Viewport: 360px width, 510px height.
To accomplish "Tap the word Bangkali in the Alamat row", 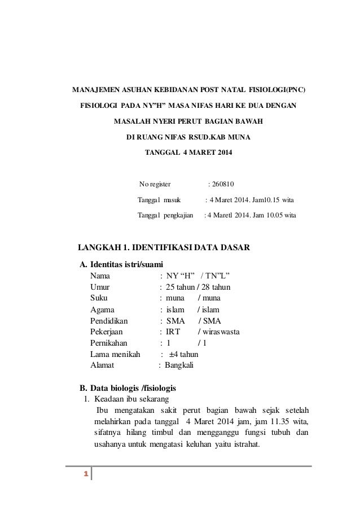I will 179,365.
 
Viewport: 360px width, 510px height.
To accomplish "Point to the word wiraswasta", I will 221,332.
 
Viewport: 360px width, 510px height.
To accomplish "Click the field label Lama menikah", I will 116,354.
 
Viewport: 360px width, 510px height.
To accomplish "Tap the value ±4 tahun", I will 183,354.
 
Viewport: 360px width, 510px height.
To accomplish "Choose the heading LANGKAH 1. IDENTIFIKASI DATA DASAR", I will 163,247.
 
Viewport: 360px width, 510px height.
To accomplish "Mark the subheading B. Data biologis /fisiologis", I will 128,388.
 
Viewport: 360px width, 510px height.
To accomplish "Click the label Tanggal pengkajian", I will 165,215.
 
